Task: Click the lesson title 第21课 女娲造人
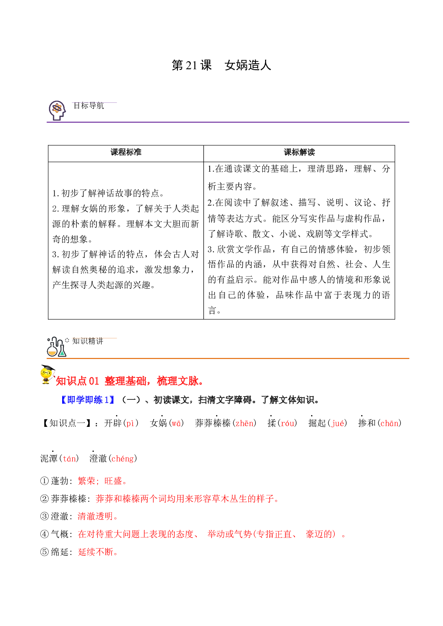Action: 221,65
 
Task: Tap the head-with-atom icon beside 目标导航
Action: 57,110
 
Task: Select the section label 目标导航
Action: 89,106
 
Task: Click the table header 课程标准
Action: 126,152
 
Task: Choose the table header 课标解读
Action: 299,152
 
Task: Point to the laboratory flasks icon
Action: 57,347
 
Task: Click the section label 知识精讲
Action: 88,341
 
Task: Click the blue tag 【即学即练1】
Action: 88,400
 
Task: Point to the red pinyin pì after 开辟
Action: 130,424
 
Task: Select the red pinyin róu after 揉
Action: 287,424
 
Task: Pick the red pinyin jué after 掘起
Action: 338,424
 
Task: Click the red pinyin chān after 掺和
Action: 389,424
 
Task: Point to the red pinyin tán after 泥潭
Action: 69,459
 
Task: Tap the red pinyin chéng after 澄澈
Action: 123,459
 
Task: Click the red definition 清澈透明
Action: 98,516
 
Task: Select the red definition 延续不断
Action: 98,552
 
